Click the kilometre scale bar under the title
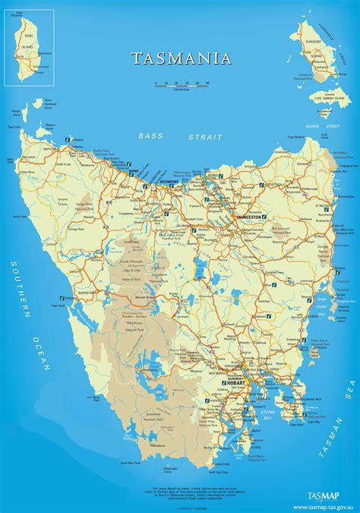[x=181, y=83]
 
